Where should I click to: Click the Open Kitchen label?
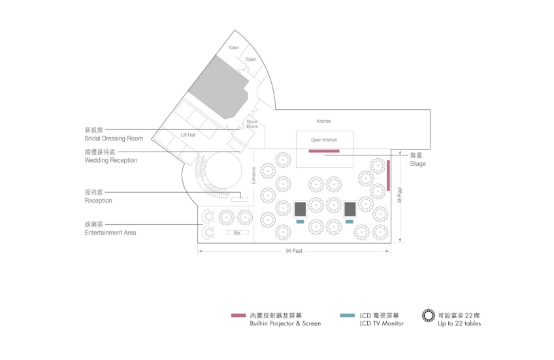[x=324, y=140]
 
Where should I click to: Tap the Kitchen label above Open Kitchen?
[x=324, y=121]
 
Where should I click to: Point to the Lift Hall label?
[x=188, y=135]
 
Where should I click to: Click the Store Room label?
[x=252, y=123]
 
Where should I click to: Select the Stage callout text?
[x=417, y=164]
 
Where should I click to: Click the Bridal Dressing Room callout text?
[x=114, y=139]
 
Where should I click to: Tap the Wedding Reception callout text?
[x=111, y=160]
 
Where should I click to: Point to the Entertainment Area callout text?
[x=110, y=232]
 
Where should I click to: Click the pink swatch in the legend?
[x=238, y=316]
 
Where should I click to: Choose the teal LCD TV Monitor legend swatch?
[x=348, y=316]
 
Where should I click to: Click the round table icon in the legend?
[x=428, y=316]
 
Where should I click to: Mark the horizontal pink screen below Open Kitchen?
[x=324, y=152]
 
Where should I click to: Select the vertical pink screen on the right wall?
[x=388, y=174]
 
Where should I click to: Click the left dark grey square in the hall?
[x=300, y=209]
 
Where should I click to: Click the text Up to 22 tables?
[x=459, y=323]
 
